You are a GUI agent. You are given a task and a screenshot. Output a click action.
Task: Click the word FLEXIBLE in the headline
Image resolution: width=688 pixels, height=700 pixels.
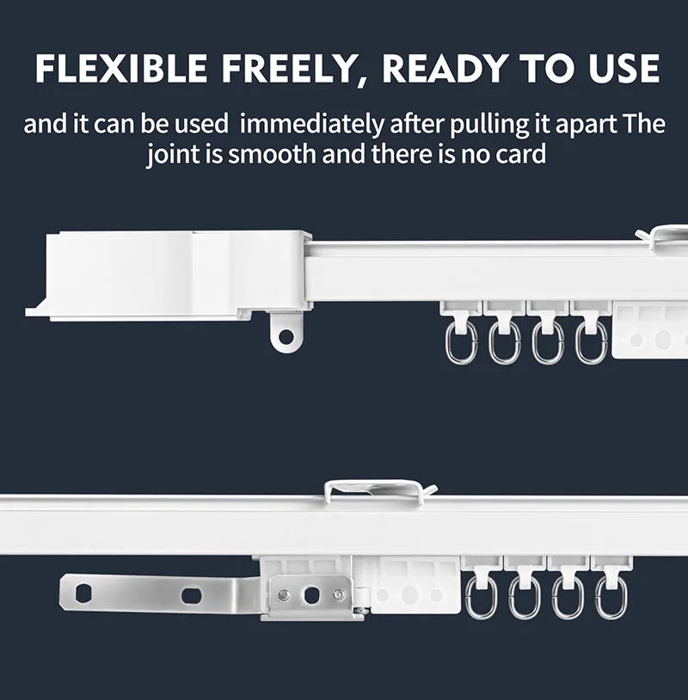121,68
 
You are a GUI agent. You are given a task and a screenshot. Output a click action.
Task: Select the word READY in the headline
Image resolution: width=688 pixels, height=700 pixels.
447,68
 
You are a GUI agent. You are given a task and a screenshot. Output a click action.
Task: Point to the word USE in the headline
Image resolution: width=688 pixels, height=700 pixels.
624,68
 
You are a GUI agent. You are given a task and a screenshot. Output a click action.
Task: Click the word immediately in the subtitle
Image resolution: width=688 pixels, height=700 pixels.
310,124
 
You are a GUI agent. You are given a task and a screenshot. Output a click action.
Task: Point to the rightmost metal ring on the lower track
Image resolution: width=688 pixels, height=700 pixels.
611,597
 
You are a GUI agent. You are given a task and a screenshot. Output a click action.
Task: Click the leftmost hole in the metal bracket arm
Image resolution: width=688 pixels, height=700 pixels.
83,593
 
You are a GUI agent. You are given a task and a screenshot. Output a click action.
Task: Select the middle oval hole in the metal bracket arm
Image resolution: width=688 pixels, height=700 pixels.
191,595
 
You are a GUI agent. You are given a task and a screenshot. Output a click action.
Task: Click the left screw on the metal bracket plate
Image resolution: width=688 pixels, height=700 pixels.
284,594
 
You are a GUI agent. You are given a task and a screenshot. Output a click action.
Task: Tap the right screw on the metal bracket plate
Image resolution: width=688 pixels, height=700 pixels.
340,594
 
